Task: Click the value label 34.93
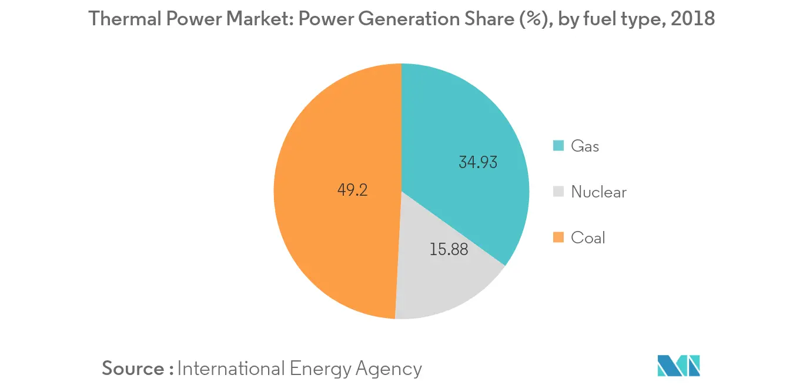click(x=477, y=162)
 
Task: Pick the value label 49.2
click(x=353, y=190)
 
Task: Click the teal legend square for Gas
click(x=559, y=146)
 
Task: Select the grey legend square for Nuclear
click(x=559, y=192)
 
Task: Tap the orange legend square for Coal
click(x=559, y=237)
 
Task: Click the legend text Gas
click(x=585, y=146)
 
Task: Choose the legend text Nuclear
click(x=598, y=192)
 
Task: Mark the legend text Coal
click(x=588, y=237)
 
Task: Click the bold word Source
click(x=133, y=369)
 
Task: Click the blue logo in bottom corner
click(x=679, y=366)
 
